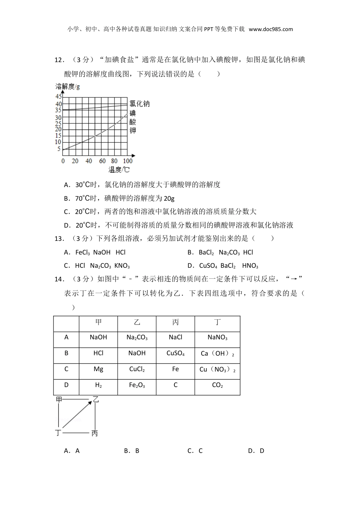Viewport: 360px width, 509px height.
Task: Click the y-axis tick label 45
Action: tap(58, 97)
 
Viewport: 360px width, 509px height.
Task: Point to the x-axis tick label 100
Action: tap(128, 161)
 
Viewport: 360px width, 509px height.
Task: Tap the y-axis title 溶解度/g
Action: tap(68, 87)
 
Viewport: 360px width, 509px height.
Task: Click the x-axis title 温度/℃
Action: tap(119, 170)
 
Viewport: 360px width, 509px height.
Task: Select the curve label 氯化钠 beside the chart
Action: tap(139, 104)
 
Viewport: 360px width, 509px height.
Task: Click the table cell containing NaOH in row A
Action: tap(98, 337)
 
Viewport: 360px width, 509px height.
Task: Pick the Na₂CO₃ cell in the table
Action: tap(137, 337)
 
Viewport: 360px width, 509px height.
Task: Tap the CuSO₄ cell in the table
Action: tap(175, 353)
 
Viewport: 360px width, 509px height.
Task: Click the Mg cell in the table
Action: tap(98, 369)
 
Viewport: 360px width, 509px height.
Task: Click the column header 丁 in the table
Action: tap(217, 322)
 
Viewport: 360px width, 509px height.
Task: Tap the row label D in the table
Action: tap(66, 385)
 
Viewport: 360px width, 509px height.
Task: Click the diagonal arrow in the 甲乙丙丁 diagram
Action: tap(77, 414)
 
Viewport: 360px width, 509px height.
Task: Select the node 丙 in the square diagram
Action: tap(95, 433)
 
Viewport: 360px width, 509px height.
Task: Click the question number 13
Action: tap(59, 239)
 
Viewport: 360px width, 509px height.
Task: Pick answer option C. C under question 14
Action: tap(195, 451)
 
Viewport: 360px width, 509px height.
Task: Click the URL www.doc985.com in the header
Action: tap(271, 29)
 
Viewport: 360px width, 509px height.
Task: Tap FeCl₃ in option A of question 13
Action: tap(83, 253)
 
